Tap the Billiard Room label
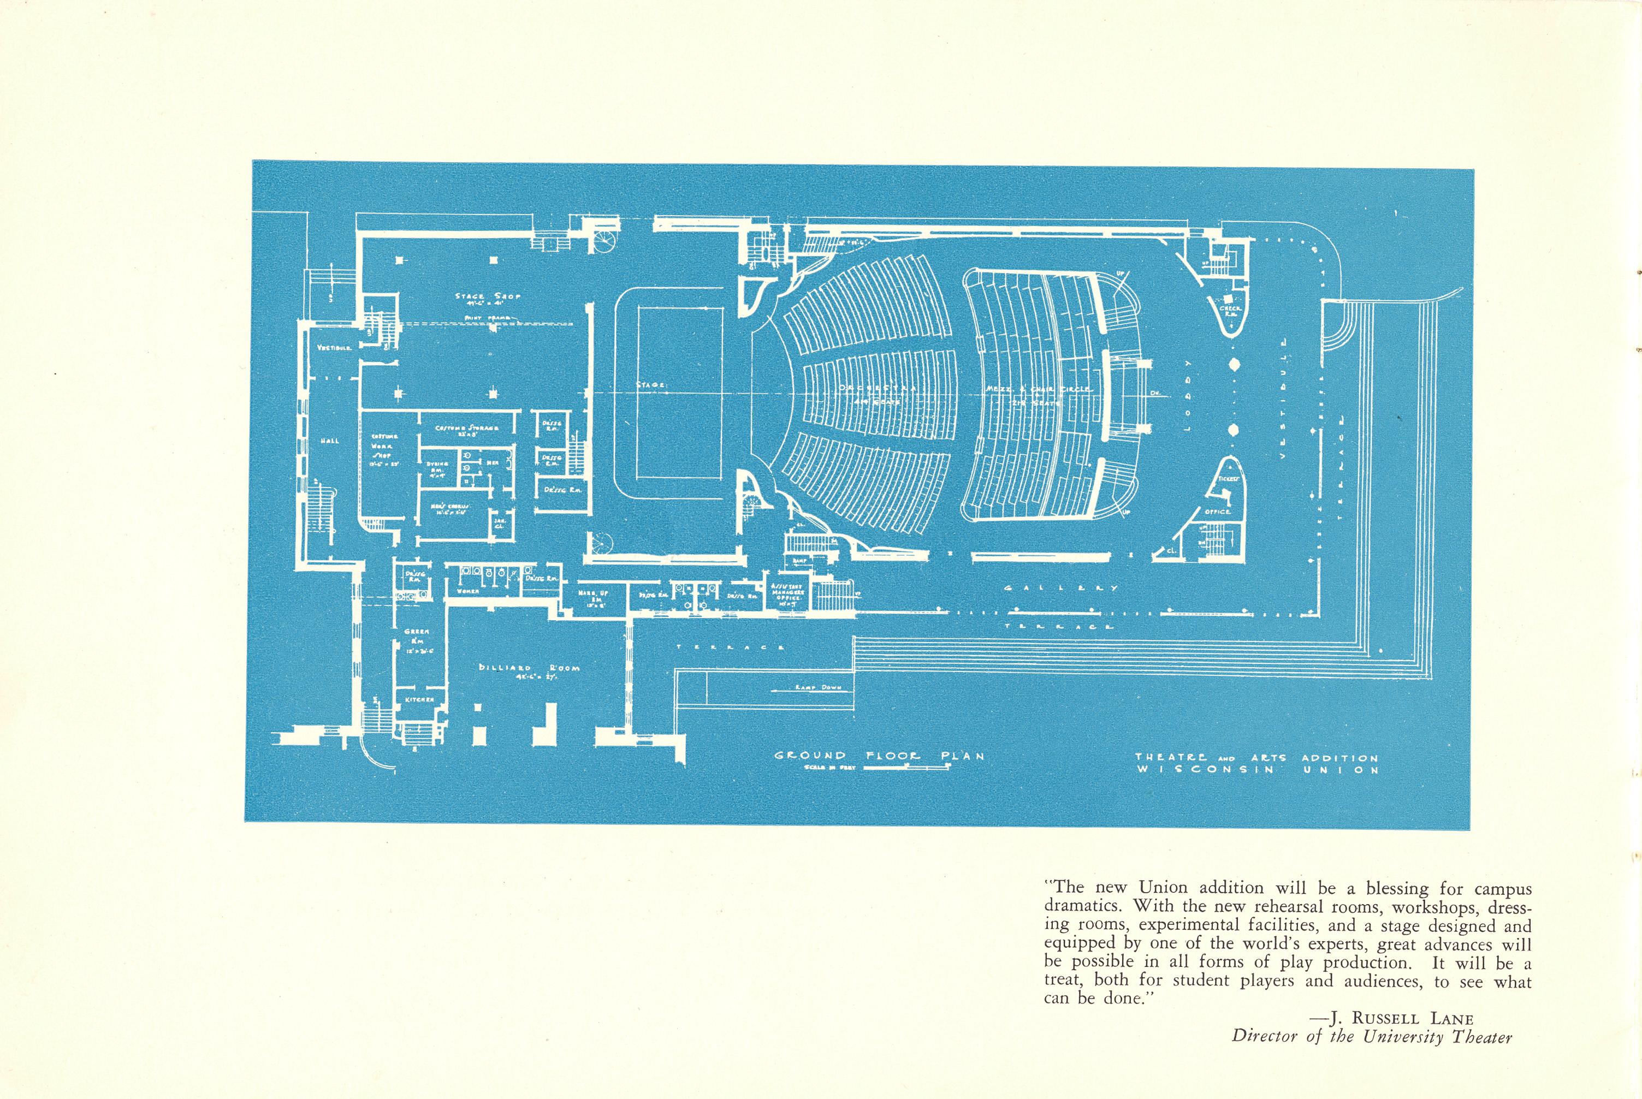(529, 668)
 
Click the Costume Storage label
(467, 428)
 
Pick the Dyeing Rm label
(437, 467)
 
